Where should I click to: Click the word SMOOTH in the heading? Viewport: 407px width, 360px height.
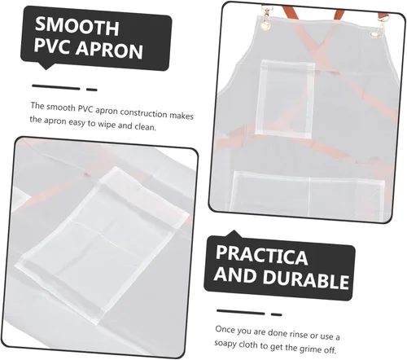(x=77, y=26)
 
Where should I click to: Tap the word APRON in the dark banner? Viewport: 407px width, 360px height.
(x=109, y=50)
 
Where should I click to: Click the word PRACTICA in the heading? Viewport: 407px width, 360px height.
(x=261, y=255)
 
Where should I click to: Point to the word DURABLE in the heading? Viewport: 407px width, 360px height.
(x=306, y=279)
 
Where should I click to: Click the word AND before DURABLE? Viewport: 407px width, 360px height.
(x=237, y=274)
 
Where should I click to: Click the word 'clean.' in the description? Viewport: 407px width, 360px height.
(x=146, y=126)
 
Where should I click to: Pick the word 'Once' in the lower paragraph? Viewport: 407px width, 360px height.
(x=225, y=329)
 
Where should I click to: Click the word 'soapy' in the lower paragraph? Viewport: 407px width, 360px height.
(x=225, y=344)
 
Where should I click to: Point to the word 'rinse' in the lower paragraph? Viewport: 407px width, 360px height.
(x=298, y=334)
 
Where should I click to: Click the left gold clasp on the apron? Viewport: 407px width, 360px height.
(x=265, y=19)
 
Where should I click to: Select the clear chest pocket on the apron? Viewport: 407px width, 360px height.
(x=285, y=99)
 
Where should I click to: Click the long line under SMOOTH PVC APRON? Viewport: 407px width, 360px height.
(x=56, y=87)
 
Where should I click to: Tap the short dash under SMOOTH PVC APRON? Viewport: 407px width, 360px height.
(x=92, y=90)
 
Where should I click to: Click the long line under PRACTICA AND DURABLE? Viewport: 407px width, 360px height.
(x=241, y=312)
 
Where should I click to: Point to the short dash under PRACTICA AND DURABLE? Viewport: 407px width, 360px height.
(x=277, y=314)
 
